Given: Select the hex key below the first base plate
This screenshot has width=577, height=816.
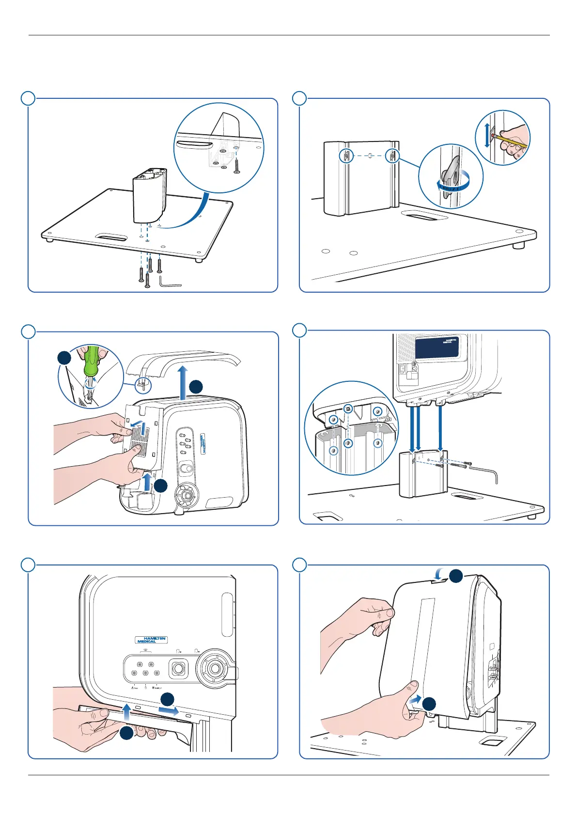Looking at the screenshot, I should tap(169, 282).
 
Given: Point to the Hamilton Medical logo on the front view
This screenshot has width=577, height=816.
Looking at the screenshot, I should tap(151, 640).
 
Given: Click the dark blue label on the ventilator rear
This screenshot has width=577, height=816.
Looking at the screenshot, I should tap(437, 347).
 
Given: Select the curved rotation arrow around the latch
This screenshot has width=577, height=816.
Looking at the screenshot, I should tap(453, 184).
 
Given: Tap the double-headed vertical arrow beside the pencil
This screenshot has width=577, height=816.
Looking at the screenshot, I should tap(487, 135).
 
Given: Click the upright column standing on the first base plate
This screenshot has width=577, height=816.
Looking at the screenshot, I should tap(149, 196).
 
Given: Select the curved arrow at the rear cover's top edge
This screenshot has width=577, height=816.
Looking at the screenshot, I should tap(439, 574).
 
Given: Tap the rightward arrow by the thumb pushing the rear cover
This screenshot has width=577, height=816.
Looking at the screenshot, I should tap(415, 700).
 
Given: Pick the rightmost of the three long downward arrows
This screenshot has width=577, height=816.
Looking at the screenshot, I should tap(440, 426).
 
